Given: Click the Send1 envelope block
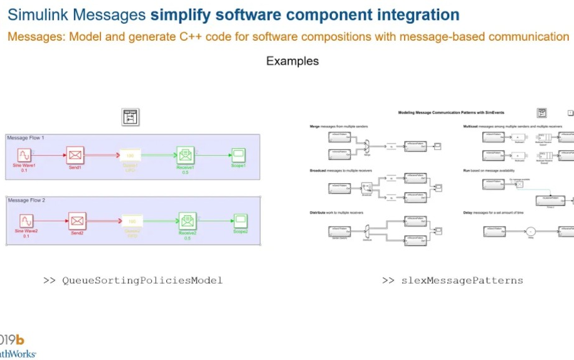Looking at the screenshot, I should point(76,155).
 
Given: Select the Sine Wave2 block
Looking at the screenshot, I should point(26,221).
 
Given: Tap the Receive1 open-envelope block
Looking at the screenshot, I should point(185,155).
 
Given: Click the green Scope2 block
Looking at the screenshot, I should point(240,221).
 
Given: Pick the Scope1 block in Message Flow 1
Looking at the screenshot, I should point(238,155).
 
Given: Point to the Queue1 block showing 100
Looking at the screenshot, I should point(130,155).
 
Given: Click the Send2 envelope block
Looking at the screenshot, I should point(77,221).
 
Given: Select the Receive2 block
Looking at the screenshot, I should point(187,221).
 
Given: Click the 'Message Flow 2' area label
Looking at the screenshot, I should point(26,201).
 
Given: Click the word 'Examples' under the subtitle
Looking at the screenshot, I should point(292,61).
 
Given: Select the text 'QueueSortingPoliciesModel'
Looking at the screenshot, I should point(142,280).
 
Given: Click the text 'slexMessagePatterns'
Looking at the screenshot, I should point(462,280).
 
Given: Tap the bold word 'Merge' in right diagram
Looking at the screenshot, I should point(315,126).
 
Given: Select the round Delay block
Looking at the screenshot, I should point(528,231).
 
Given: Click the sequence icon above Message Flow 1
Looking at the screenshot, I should point(130,117).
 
